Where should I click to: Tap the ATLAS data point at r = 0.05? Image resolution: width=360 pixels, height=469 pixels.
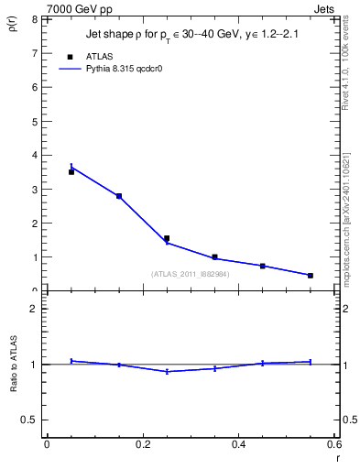click(x=71, y=171)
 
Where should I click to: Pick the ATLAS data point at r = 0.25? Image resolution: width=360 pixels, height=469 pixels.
click(x=167, y=238)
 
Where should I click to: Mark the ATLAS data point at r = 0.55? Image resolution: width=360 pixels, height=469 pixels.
click(x=311, y=275)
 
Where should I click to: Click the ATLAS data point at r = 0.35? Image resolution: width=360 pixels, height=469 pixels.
click(x=214, y=257)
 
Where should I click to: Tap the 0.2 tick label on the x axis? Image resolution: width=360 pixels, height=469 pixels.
click(x=143, y=444)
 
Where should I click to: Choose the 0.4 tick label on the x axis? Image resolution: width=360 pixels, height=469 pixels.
click(x=238, y=444)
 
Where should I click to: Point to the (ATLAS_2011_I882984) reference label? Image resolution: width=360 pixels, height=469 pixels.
click(x=191, y=274)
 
